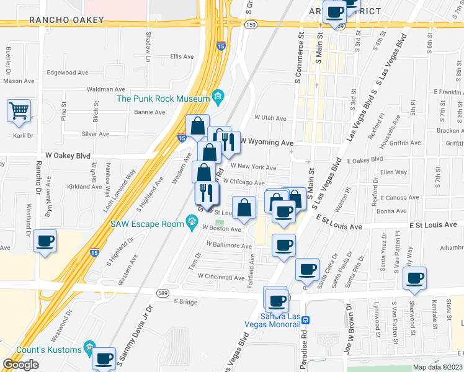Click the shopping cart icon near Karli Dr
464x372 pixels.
[x=19, y=112]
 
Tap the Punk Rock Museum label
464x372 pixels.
[x=163, y=99]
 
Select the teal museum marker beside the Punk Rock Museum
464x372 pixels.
[x=218, y=97]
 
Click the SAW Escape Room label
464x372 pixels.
[x=146, y=224]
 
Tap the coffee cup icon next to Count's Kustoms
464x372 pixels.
[x=105, y=358]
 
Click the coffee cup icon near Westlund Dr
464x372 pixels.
[x=45, y=241]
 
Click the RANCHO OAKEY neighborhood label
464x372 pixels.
[x=67, y=20]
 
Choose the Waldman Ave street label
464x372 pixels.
[x=106, y=89]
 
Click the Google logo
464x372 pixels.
[x=21, y=365]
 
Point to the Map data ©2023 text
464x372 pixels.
[x=437, y=367]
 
